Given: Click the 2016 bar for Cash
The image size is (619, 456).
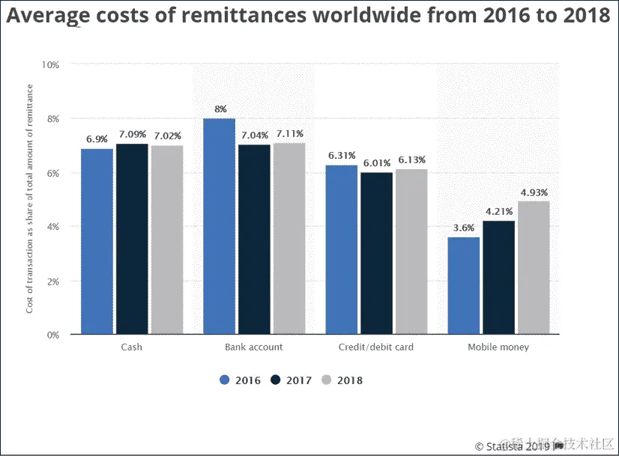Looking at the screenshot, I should coord(97,241).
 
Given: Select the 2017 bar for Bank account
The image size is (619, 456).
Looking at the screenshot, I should coord(254,239).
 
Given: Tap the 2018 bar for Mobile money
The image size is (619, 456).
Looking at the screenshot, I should coord(534,267).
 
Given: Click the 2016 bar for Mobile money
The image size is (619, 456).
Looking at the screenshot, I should coord(463,285).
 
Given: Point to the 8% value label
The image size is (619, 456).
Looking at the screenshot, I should coord(220,109).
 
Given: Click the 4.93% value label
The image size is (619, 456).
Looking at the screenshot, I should coord(534,192).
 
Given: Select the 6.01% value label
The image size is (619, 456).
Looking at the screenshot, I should coord(376,163).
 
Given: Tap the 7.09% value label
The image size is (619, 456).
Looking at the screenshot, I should coord(132,134).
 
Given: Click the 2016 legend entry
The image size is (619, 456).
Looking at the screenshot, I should coord(240,380).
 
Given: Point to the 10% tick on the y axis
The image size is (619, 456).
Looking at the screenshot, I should coord(49,65).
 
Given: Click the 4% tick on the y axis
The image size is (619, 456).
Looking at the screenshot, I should coord(52,227).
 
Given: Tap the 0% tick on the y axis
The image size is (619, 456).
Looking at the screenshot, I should coord(52,335).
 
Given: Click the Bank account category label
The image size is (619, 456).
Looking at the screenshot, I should coord(254,347).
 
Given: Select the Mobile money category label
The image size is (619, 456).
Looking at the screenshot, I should coord(498,347).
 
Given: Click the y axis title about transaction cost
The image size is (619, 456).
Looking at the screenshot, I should coord(31,199).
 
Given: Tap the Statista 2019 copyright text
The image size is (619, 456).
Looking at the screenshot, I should coord(516,446).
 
